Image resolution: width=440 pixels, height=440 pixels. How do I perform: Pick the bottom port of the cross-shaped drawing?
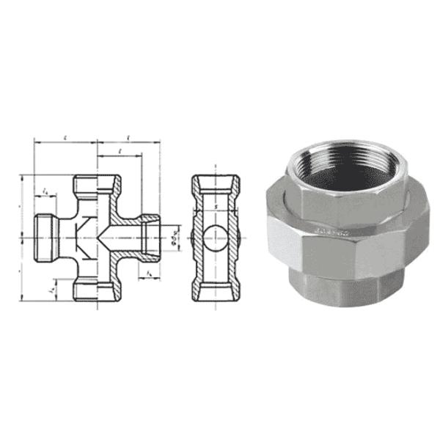point(96,290)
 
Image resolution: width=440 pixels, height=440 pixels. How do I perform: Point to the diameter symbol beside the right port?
point(174,236)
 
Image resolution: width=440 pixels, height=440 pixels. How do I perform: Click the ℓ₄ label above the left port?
point(47,191)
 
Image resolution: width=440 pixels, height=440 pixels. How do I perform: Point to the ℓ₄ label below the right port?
point(150,274)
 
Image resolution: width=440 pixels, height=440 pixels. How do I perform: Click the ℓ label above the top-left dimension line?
point(66,136)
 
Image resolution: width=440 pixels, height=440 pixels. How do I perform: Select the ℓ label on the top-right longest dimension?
point(129,136)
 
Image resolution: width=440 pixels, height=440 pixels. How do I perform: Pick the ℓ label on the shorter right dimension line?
point(120,150)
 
